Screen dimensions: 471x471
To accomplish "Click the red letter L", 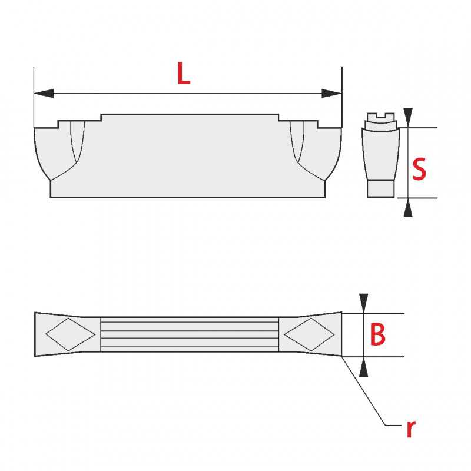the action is pos(184,73).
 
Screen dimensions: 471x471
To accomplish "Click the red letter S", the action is pos(419,169).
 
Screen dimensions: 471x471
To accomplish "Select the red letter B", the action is pos(377,334).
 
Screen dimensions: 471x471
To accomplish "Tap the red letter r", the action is pos(411,429).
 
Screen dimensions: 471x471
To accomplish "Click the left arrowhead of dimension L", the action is pos(44,94).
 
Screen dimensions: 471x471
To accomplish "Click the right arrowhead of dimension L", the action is pos(331,94).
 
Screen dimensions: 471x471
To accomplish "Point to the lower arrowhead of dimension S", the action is pos(408,208).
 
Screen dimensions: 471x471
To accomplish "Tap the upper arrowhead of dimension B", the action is pos(363,303).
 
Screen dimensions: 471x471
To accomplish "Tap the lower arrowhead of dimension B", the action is pos(363,367).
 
